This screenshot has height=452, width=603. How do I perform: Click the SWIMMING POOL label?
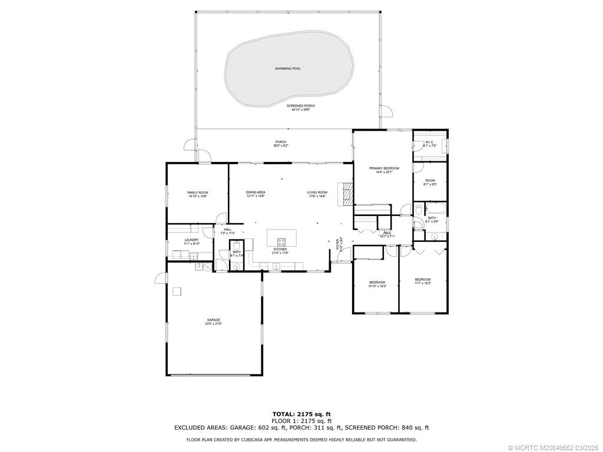(288, 69)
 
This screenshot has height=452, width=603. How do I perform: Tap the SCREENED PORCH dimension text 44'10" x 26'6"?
(301, 109)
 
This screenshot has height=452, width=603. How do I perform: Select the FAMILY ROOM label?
(198, 192)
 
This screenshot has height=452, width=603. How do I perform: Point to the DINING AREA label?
(256, 192)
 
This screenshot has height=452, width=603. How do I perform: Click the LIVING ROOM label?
(317, 192)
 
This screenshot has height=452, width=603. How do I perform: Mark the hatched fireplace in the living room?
(345, 193)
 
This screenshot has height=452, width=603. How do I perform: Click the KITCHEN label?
(280, 249)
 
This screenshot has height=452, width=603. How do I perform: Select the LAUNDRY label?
(191, 240)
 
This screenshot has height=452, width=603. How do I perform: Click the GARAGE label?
(213, 320)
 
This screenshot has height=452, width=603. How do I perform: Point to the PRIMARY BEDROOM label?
(384, 169)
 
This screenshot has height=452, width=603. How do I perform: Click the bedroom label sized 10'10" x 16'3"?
(377, 282)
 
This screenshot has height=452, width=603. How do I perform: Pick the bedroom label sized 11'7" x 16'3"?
(422, 280)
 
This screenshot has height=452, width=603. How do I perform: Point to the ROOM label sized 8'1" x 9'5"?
(430, 181)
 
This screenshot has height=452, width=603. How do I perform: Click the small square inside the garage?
(177, 291)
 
